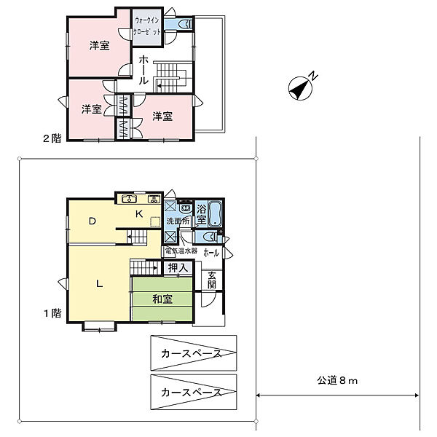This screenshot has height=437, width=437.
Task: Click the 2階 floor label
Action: click(x=52, y=138)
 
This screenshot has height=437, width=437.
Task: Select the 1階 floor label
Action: click(x=52, y=313)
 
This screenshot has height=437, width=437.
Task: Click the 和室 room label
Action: click(x=162, y=299)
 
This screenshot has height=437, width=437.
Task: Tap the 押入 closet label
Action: click(x=178, y=268)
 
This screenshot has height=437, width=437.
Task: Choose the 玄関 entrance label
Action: click(x=211, y=280)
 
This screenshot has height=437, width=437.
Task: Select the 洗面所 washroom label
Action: click(x=178, y=221)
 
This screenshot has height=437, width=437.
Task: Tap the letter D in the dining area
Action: click(x=92, y=221)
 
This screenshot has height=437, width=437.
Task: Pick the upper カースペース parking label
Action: click(x=191, y=354)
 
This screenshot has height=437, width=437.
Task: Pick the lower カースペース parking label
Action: click(x=191, y=392)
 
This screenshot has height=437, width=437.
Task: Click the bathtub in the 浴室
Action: click(x=216, y=212)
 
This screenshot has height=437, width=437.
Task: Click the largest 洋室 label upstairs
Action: click(x=100, y=46)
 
